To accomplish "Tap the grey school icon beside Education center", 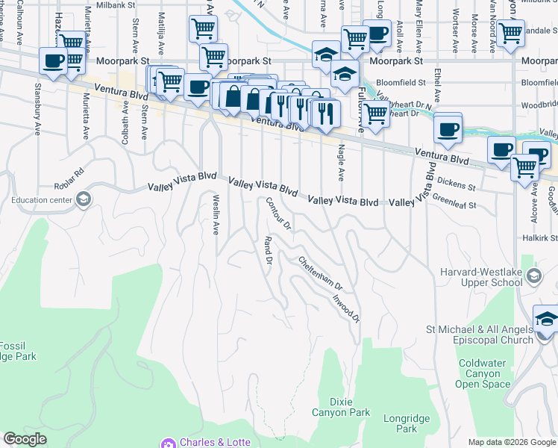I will (x=84, y=199).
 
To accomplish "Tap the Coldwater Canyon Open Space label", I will (x=484, y=373).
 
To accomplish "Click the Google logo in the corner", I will (x=25, y=439).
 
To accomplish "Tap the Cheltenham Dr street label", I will (x=320, y=275).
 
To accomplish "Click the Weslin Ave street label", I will (x=216, y=214).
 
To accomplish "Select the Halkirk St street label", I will (x=541, y=237).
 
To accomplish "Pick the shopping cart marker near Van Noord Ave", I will (x=511, y=33).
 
